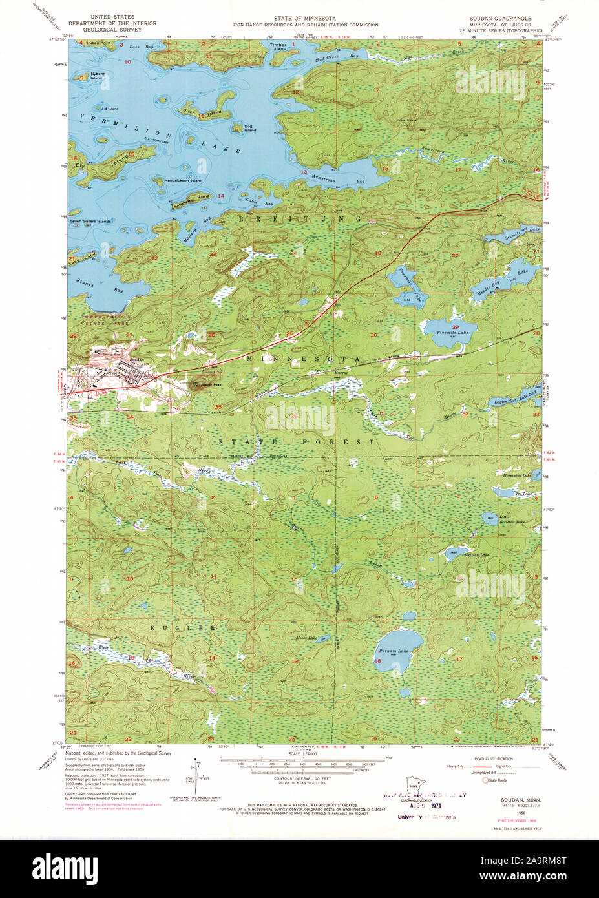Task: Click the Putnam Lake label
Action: pos(394,651)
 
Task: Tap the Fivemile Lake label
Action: pos(452,332)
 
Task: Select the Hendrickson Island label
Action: pos(183,180)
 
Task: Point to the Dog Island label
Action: pos(249,128)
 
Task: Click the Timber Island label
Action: pos(278,47)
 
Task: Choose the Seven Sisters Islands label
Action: pos(90,221)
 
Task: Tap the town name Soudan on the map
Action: pos(136,359)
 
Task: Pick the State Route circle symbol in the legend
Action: pos(485,780)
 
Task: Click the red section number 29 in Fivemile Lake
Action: pos(455,327)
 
